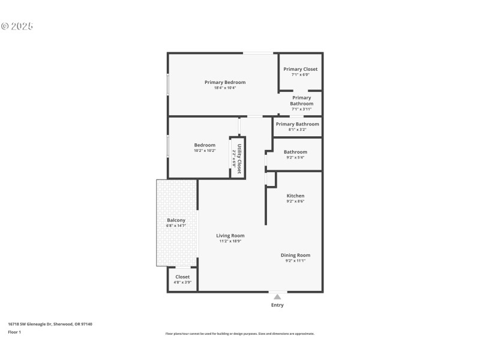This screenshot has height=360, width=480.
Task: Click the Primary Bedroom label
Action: (225, 82)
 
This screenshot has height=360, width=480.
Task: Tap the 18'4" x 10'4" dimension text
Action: (225, 88)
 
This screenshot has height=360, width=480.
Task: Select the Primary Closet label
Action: (301, 69)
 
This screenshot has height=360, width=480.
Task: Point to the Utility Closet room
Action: (237, 157)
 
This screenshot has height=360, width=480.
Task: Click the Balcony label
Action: (176, 220)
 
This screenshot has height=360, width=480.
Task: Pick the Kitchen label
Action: (295, 196)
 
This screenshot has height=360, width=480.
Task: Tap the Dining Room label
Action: (295, 255)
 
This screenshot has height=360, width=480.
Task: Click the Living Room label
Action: (230, 236)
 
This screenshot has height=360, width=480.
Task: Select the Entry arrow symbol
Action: (277, 296)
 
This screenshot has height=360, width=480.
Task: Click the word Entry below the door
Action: (277, 305)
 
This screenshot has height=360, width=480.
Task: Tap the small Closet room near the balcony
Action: (182, 280)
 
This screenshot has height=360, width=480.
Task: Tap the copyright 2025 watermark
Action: (17, 26)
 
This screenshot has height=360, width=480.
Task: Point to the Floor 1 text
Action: (14, 332)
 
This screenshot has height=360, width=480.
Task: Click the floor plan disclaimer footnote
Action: (239, 334)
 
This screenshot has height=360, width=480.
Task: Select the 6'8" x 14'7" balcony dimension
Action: (176, 226)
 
